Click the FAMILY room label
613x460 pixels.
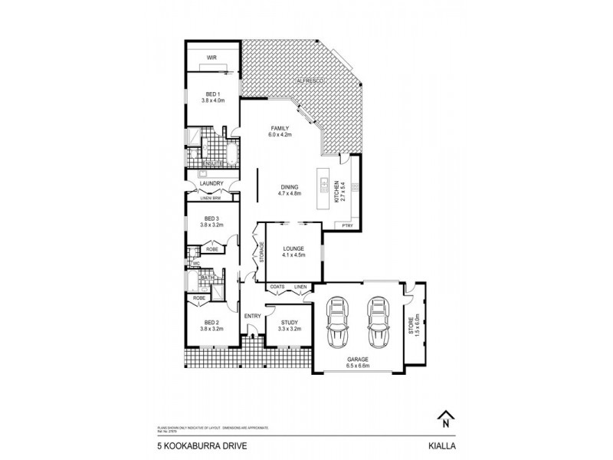277,127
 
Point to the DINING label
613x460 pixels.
290,186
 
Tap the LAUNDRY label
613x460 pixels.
210,183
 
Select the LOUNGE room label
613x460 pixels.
293,248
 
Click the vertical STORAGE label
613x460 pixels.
261,252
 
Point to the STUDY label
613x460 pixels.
290,323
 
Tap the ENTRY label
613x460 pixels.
252,316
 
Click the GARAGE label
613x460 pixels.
357,359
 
